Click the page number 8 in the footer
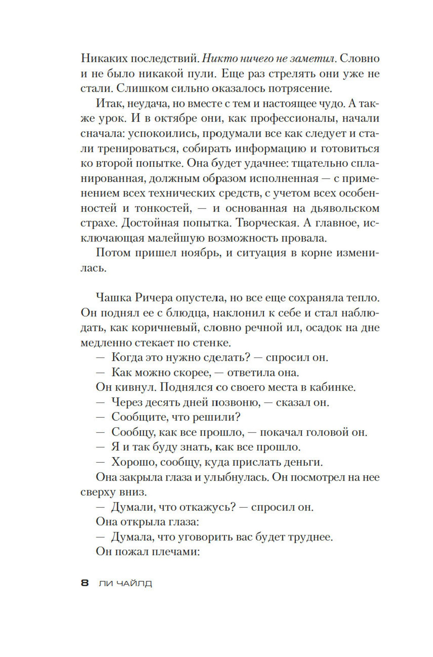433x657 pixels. tap(85, 583)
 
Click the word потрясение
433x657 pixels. tap(295, 88)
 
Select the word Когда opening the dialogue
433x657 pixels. tap(126, 357)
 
